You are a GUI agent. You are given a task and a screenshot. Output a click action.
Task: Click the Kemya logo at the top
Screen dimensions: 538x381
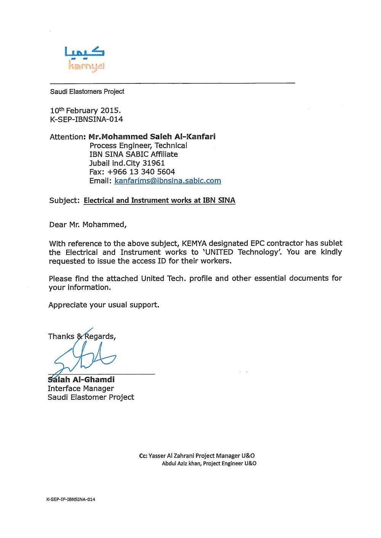pyautogui.click(x=84, y=59)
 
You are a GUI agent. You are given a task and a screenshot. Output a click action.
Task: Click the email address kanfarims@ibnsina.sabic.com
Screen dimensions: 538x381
pyautogui.click(x=168, y=181)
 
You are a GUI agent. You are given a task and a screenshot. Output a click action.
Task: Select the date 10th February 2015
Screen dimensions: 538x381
pyautogui.click(x=85, y=110)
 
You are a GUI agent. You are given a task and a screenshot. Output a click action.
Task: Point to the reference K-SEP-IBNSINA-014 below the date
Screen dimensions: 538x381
pyautogui.click(x=86, y=120)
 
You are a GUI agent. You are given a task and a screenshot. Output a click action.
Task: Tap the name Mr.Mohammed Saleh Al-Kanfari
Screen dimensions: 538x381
pyautogui.click(x=152, y=137)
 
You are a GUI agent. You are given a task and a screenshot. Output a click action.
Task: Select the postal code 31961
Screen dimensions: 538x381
pyautogui.click(x=154, y=163)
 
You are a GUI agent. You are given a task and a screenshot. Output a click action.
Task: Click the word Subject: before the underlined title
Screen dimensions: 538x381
pyautogui.click(x=64, y=201)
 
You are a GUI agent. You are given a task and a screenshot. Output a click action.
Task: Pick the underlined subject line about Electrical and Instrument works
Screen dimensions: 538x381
pyautogui.click(x=159, y=201)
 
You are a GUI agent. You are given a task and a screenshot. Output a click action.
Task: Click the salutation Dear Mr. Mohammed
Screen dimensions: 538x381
pyautogui.click(x=88, y=225)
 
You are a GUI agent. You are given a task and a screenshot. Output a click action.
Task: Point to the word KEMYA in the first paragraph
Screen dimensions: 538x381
pyautogui.click(x=194, y=243)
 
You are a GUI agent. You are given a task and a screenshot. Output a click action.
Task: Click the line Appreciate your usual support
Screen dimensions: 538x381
pyautogui.click(x=104, y=305)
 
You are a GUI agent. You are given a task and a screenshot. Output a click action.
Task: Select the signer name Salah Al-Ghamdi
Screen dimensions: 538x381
pyautogui.click(x=81, y=380)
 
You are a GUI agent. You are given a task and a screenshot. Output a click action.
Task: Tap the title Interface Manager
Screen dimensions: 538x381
pyautogui.click(x=81, y=388)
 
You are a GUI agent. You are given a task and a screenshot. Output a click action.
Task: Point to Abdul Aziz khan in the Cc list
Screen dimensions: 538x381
pyautogui.click(x=181, y=463)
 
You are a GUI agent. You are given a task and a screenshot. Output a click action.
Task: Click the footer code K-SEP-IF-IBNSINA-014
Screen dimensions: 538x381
pyautogui.click(x=71, y=499)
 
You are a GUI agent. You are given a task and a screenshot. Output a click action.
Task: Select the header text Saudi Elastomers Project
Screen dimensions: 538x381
pyautogui.click(x=87, y=92)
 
